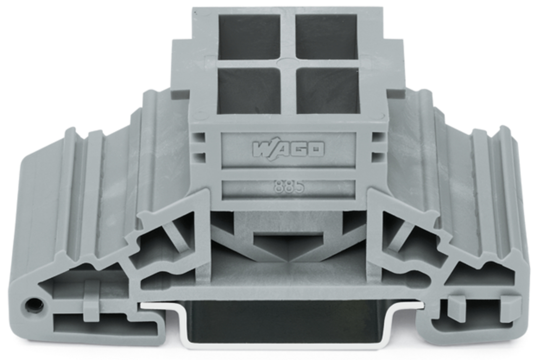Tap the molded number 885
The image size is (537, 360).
(289, 187)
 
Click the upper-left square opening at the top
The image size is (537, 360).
(249, 37)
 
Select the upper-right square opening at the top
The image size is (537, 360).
(328, 37)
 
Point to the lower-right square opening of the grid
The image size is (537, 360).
(328, 90)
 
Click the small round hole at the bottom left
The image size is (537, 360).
(34, 305)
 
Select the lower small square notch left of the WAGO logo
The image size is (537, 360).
(200, 157)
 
